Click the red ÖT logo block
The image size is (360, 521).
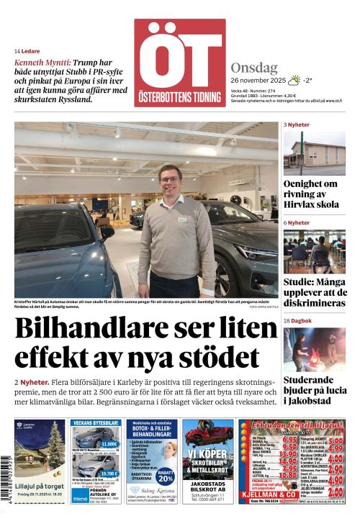coord(179,63)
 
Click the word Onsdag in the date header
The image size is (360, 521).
coord(254,68)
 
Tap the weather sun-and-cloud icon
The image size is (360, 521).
coord(293,81)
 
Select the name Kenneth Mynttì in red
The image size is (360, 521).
coord(42,63)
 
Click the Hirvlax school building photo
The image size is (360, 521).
coord(314,153)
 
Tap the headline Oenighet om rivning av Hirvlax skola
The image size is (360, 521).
coord(314,195)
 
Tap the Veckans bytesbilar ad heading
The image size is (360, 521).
coord(96,423)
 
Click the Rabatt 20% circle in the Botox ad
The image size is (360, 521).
coord(166,476)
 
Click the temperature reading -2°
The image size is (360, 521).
coord(307,81)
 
